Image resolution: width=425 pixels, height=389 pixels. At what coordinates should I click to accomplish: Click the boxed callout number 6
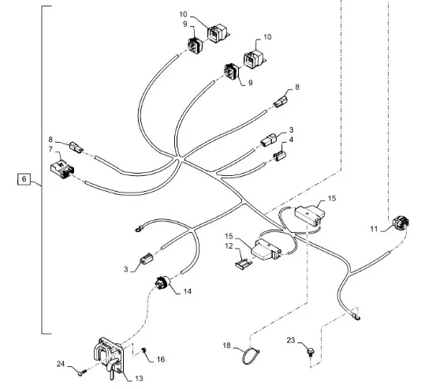[x=24, y=179]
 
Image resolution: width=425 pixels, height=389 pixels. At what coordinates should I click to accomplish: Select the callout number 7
[x=50, y=149]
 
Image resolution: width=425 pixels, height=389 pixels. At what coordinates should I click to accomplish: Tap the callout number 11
[x=374, y=229]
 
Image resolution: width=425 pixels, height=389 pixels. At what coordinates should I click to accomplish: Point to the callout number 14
[x=188, y=291]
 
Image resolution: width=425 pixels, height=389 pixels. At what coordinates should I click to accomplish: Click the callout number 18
[x=226, y=346]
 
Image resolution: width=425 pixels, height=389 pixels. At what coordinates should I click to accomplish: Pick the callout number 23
[x=291, y=340]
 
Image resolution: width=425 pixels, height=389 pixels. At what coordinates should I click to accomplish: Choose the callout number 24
[x=61, y=364]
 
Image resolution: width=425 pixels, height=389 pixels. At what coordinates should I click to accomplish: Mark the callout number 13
[x=139, y=379]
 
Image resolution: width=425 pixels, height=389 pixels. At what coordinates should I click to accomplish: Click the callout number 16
[x=161, y=359]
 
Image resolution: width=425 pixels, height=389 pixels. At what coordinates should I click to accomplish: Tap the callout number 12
[x=229, y=245]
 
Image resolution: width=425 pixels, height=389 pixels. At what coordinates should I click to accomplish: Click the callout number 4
[x=291, y=140]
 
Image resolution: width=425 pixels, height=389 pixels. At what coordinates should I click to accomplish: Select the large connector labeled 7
[x=62, y=169]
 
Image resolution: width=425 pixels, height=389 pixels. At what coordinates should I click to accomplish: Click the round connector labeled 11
[x=401, y=223]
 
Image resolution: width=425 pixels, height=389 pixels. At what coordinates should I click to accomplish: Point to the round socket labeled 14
[x=162, y=282]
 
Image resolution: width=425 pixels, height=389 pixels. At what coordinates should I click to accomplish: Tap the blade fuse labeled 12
[x=243, y=264]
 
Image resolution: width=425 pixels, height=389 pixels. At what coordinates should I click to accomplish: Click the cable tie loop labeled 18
[x=251, y=356]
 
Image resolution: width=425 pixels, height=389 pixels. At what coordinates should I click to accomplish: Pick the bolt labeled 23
[x=310, y=352]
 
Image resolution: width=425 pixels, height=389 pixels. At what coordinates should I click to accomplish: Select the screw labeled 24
[x=82, y=372]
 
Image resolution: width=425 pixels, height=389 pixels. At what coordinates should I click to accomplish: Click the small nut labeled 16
[x=144, y=350]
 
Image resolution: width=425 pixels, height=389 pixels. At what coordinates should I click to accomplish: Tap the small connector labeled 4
[x=279, y=156]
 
